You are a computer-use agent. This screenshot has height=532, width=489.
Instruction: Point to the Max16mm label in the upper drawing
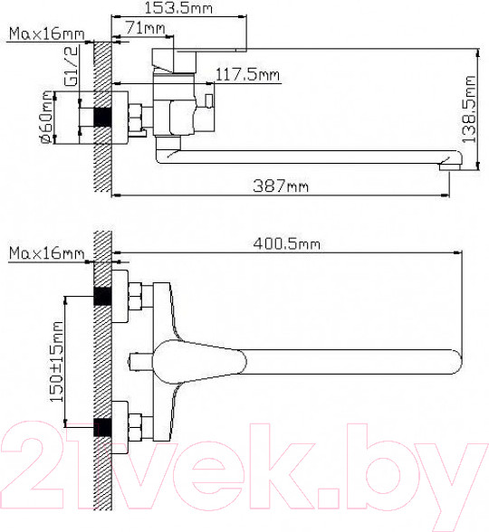pos(44,35)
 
